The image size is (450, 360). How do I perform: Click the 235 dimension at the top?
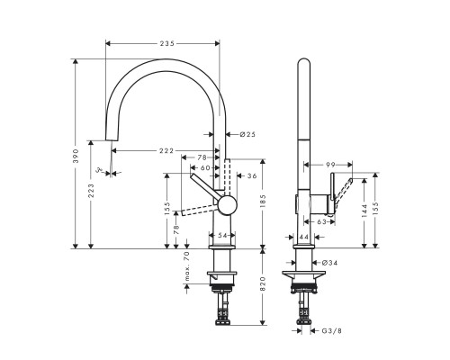[163, 41]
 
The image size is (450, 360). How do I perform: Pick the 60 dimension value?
[205, 167]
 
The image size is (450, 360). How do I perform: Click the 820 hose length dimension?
[263, 285]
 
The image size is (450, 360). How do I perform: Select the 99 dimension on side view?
[329, 165]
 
